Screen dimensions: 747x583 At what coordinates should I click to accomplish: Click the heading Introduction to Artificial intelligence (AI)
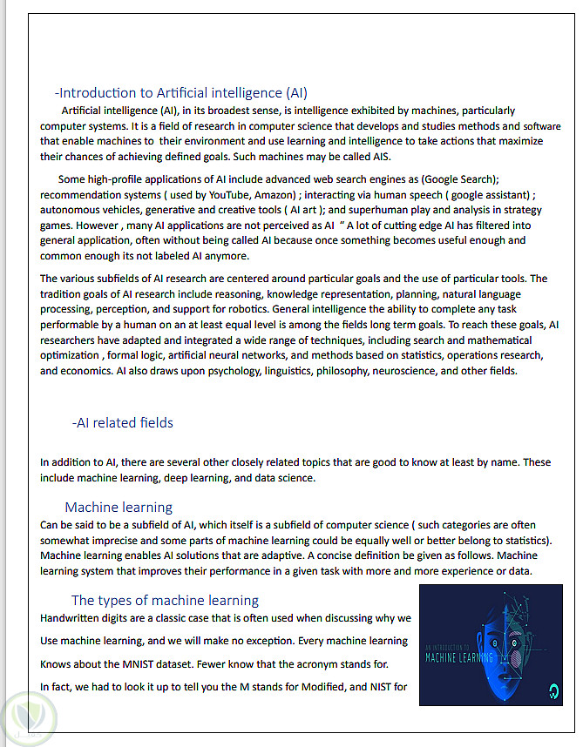coord(181,93)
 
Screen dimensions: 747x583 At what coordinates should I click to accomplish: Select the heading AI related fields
coord(123,423)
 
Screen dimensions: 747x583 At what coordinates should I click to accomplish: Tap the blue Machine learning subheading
coord(119,508)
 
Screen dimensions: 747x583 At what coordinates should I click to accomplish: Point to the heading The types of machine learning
coord(165,601)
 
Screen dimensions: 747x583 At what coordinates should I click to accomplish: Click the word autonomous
coord(72,210)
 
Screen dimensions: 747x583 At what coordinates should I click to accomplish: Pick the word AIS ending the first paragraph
coord(381,157)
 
